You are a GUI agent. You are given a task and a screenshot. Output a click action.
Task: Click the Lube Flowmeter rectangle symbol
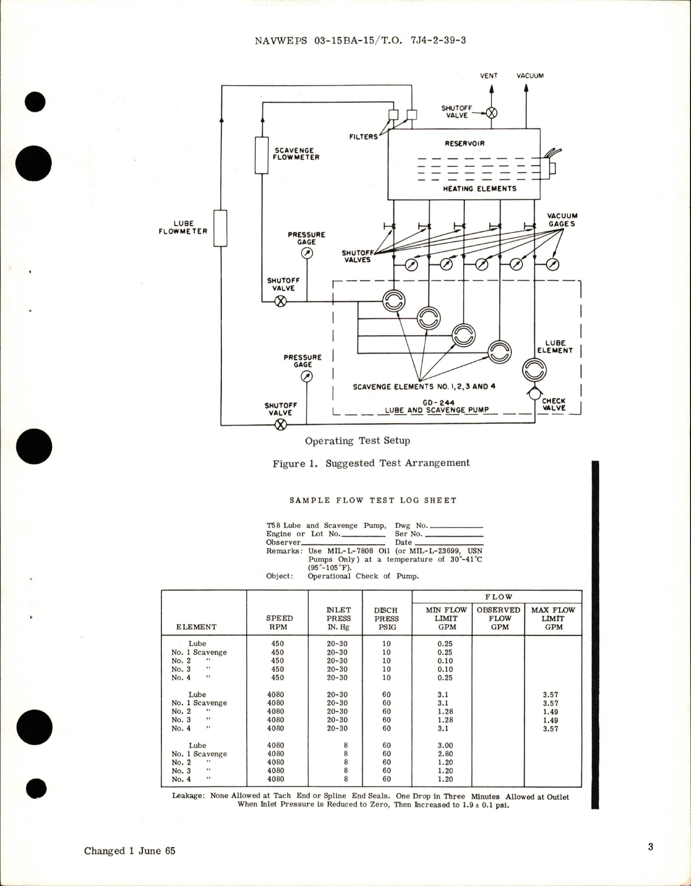(x=220, y=228)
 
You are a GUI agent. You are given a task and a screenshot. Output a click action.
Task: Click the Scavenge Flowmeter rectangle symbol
(x=261, y=155)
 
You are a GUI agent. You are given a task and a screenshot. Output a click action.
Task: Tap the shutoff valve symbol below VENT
(x=491, y=113)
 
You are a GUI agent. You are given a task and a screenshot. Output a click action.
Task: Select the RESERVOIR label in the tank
(x=464, y=144)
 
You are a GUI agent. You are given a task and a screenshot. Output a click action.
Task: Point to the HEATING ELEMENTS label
(x=479, y=188)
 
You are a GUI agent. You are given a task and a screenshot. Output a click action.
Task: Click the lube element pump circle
(x=534, y=370)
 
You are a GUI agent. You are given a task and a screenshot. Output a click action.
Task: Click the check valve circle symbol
(x=534, y=395)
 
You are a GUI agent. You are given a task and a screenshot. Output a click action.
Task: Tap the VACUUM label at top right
(x=530, y=76)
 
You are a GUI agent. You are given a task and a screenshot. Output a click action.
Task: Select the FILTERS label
(x=363, y=137)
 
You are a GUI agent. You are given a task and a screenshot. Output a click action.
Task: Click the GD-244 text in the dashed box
(x=438, y=402)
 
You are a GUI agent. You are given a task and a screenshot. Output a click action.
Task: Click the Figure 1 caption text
(x=371, y=463)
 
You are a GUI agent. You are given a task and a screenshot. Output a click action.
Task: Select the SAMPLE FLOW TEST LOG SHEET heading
(x=372, y=501)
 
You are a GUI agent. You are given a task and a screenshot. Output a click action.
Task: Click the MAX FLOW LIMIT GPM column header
(x=553, y=618)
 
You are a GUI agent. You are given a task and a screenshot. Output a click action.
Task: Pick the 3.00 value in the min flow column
(x=445, y=745)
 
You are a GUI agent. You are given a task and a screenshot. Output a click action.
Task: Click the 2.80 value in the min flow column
(x=445, y=754)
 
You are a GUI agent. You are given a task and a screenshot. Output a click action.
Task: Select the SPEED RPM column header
(x=279, y=623)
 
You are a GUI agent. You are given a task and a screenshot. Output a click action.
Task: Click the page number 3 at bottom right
(x=650, y=846)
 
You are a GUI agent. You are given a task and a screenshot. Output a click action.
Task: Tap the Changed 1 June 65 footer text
(x=130, y=850)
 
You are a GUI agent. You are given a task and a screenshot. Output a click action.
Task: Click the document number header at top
(x=360, y=40)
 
